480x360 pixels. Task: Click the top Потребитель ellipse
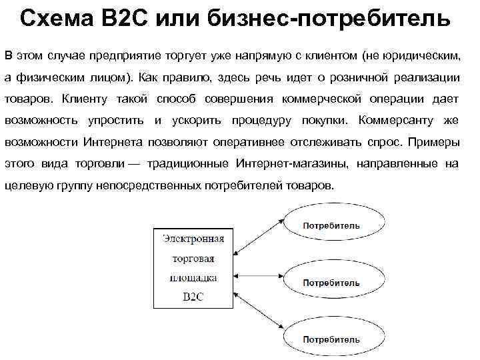[331, 225]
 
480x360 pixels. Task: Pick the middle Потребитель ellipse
[331, 283]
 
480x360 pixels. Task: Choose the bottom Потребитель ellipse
[331, 340]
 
